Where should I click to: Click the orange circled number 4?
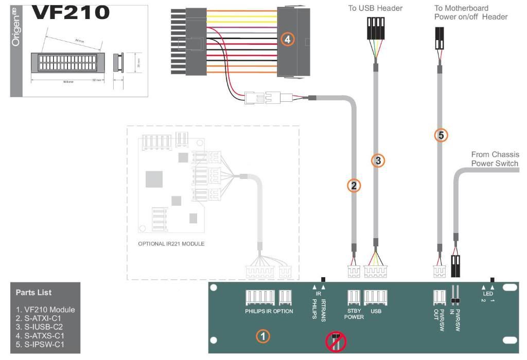[288, 39]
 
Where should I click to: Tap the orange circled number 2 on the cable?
[353, 186]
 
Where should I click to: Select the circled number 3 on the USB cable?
[378, 160]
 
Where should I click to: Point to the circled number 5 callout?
[441, 135]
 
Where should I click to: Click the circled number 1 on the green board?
[262, 336]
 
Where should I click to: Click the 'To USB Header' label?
[375, 8]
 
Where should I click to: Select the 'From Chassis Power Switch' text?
[495, 159]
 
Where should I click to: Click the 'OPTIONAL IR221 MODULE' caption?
[171, 244]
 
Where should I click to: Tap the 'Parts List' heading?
[33, 293]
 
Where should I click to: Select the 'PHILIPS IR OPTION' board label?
[269, 311]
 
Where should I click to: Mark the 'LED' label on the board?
[488, 294]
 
